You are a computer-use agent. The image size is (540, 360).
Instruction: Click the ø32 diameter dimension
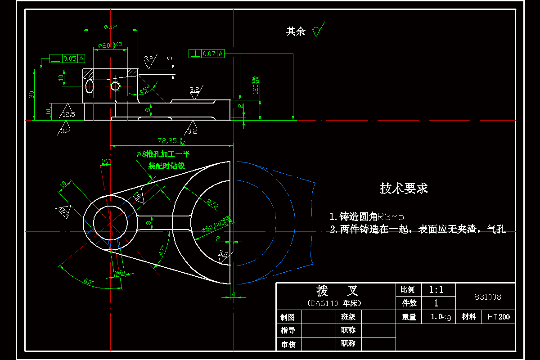pyautogui.click(x=110, y=27)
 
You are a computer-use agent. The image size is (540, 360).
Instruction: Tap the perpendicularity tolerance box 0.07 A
pyautogui.click(x=207, y=54)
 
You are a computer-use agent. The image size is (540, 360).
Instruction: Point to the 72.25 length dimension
pyautogui.click(x=171, y=140)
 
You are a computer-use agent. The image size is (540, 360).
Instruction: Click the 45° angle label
pyautogui.click(x=144, y=90)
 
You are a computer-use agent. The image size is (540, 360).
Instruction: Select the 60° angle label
pyautogui.click(x=89, y=282)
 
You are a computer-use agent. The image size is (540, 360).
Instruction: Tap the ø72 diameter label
pyautogui.click(x=212, y=204)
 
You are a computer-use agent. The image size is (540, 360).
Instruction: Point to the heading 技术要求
pyautogui.click(x=404, y=188)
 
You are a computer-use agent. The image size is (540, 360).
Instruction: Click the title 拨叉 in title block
pyautogui.click(x=335, y=290)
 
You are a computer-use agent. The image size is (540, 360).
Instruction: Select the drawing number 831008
pyautogui.click(x=488, y=297)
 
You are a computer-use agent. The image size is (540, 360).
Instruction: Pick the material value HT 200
pyautogui.click(x=499, y=317)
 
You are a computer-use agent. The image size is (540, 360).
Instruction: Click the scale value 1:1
pyautogui.click(x=436, y=290)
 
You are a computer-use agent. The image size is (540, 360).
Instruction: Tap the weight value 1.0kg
pyautogui.click(x=441, y=317)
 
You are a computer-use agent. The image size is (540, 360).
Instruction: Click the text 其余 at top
pyautogui.click(x=296, y=31)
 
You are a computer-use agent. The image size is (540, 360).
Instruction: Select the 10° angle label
pyautogui.click(x=105, y=161)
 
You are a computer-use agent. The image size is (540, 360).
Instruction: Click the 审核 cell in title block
pyautogui.click(x=288, y=344)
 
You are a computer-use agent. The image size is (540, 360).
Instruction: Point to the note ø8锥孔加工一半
pyautogui.click(x=163, y=154)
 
